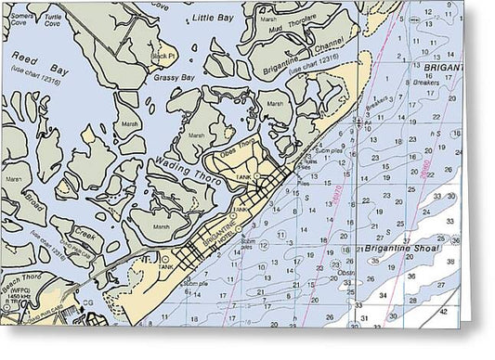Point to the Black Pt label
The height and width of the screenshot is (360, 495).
pyautogui.click(x=163, y=55)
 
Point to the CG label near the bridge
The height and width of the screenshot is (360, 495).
pyautogui.click(x=88, y=303)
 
